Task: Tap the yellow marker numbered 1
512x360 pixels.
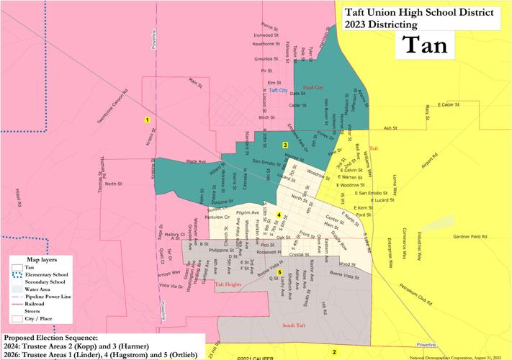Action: pyautogui.click(x=147, y=120)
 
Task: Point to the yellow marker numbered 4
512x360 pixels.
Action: pyautogui.click(x=278, y=214)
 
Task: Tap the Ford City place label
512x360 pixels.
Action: pyautogui.click(x=313, y=87)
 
